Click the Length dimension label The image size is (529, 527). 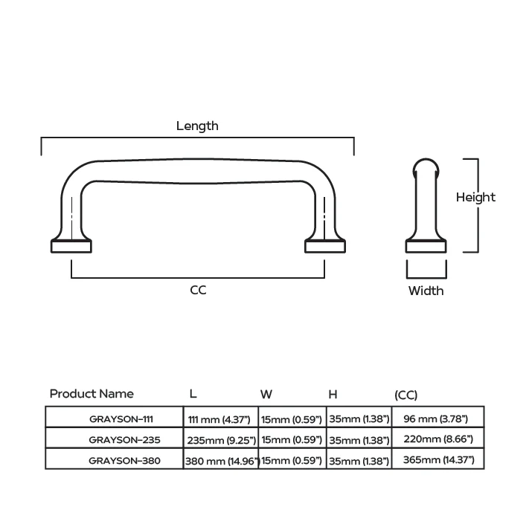pyautogui.click(x=197, y=126)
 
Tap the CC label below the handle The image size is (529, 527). pyautogui.click(x=198, y=290)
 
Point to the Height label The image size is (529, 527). pyautogui.click(x=475, y=198)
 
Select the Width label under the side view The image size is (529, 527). pyautogui.click(x=426, y=291)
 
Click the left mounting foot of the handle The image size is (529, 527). pyautogui.click(x=71, y=245)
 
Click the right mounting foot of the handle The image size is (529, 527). pyautogui.click(x=325, y=245)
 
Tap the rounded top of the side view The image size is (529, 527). pyautogui.click(x=426, y=166)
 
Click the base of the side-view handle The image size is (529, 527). pyautogui.click(x=426, y=246)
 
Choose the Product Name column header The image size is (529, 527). pyautogui.click(x=92, y=393)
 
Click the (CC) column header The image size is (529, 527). pyautogui.click(x=405, y=395)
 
